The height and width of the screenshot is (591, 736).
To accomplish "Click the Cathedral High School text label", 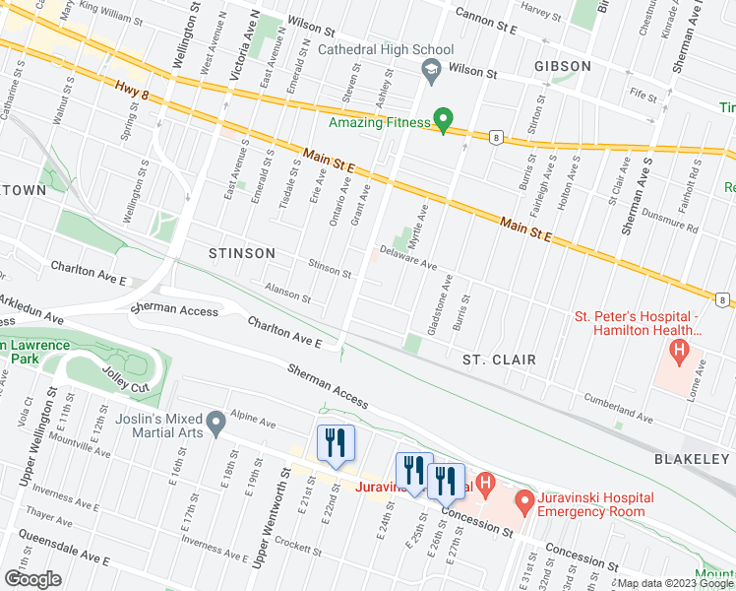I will [385, 49].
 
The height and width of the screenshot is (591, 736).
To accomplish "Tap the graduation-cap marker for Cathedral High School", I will [430, 69].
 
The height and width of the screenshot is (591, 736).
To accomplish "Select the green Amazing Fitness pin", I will [443, 120].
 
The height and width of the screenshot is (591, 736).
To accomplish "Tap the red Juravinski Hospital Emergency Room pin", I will [524, 502].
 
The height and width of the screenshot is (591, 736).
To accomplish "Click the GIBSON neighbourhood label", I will [563, 66].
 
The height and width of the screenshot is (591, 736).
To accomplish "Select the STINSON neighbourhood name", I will [242, 253].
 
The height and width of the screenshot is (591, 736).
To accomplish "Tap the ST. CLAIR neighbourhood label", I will [499, 360].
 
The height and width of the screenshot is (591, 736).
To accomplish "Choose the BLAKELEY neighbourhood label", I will [695, 460].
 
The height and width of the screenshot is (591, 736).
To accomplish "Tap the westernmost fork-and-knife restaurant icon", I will [336, 444].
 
